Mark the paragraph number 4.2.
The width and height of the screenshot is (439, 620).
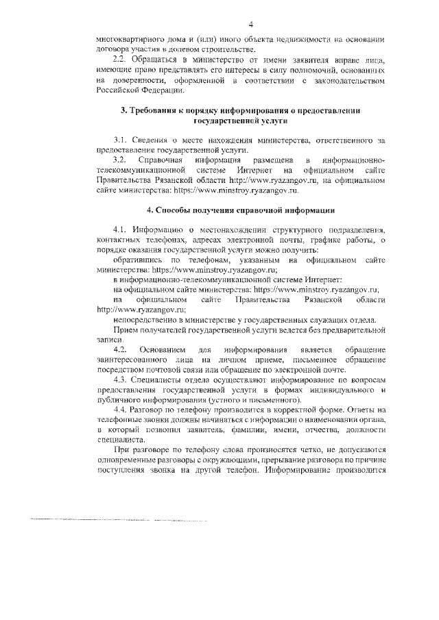coord(121,350)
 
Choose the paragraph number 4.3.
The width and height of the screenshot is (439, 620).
coord(121,379)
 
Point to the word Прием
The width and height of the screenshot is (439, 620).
coord(127,330)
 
